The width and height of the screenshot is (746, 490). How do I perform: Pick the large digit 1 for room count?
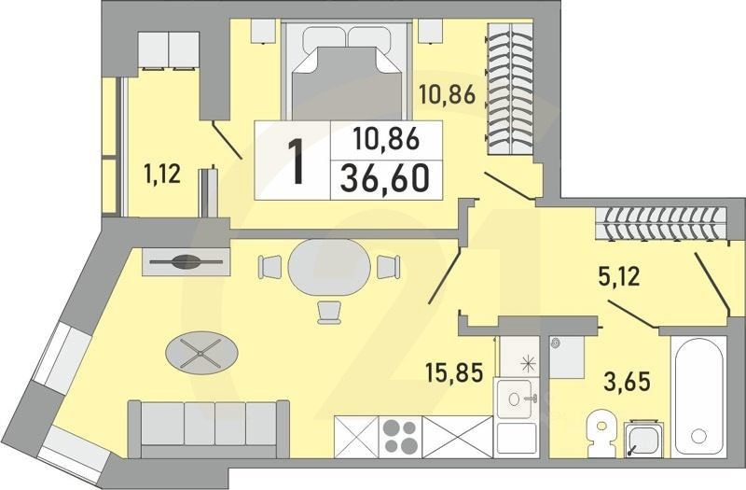pyautogui.click(x=297, y=161)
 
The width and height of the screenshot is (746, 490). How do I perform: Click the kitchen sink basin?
pyautogui.click(x=515, y=402)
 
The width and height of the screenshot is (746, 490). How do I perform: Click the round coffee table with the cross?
pyautogui.click(x=201, y=352)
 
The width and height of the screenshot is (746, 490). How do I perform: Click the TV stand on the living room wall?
pyautogui.click(x=186, y=261)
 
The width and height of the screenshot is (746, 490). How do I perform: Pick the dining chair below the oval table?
pyautogui.click(x=329, y=312)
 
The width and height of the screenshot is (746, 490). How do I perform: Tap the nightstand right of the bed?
pyautogui.click(x=429, y=30)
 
